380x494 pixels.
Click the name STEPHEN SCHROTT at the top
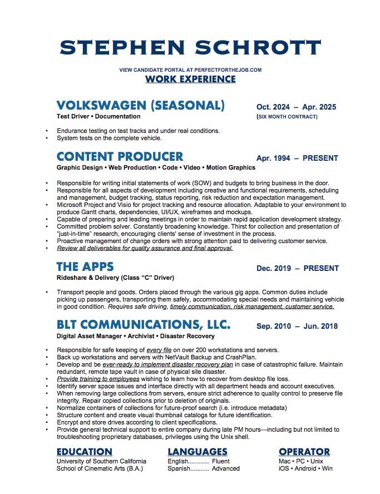click(x=190, y=47)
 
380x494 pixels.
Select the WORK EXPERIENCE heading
click(x=190, y=79)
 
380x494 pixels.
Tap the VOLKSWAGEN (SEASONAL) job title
click(x=141, y=106)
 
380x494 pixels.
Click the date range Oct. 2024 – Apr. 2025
click(x=296, y=107)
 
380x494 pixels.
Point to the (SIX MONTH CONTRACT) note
click(x=287, y=117)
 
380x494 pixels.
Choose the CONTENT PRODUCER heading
click(x=120, y=156)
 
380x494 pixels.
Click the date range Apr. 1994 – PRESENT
click(x=297, y=158)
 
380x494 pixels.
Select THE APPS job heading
click(x=85, y=267)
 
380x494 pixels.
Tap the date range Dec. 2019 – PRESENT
click(x=297, y=269)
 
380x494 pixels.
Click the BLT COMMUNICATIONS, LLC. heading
click(x=144, y=325)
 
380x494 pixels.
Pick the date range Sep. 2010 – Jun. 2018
click(x=296, y=327)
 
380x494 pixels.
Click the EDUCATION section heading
click(x=85, y=452)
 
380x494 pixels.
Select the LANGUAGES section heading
click(x=197, y=452)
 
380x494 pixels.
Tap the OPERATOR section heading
click(x=304, y=452)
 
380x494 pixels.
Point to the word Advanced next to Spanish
click(x=226, y=469)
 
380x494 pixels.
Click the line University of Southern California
click(x=101, y=461)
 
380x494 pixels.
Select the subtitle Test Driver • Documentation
click(x=98, y=117)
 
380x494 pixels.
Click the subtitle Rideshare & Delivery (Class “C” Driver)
click(x=115, y=278)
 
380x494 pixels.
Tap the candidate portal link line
click(x=190, y=70)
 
